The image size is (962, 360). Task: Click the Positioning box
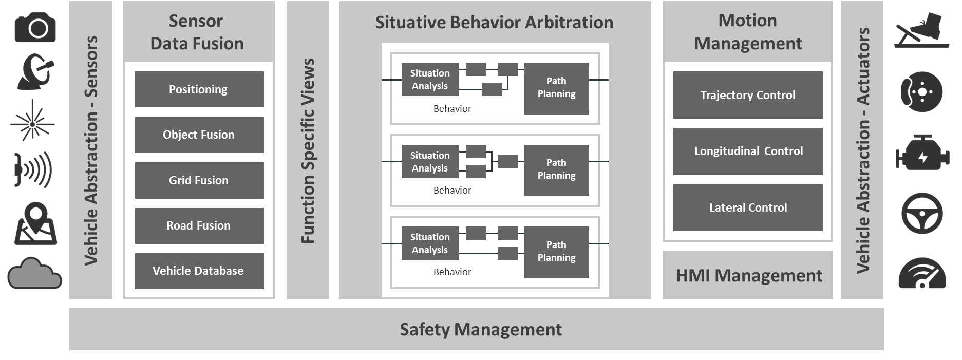click(x=199, y=89)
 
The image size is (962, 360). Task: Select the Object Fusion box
click(x=199, y=135)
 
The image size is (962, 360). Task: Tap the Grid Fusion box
click(x=199, y=180)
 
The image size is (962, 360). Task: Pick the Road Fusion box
click(x=199, y=226)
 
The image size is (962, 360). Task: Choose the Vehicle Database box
click(x=199, y=271)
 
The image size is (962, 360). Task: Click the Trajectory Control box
click(x=748, y=95)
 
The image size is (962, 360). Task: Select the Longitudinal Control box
click(x=748, y=151)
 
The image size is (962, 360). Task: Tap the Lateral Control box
click(x=748, y=207)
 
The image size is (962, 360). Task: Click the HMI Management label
click(x=749, y=276)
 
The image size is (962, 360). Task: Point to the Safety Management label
click(x=481, y=329)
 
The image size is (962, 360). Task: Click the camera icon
click(x=35, y=27)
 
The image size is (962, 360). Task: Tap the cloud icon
click(x=34, y=273)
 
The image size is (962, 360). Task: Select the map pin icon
click(x=35, y=223)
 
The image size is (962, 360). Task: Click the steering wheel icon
click(x=922, y=213)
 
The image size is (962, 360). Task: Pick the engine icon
click(x=922, y=153)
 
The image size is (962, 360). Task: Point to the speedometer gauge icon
click(x=922, y=273)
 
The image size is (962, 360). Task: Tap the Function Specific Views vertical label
click(x=308, y=150)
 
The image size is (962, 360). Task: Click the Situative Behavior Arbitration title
click(x=494, y=23)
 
